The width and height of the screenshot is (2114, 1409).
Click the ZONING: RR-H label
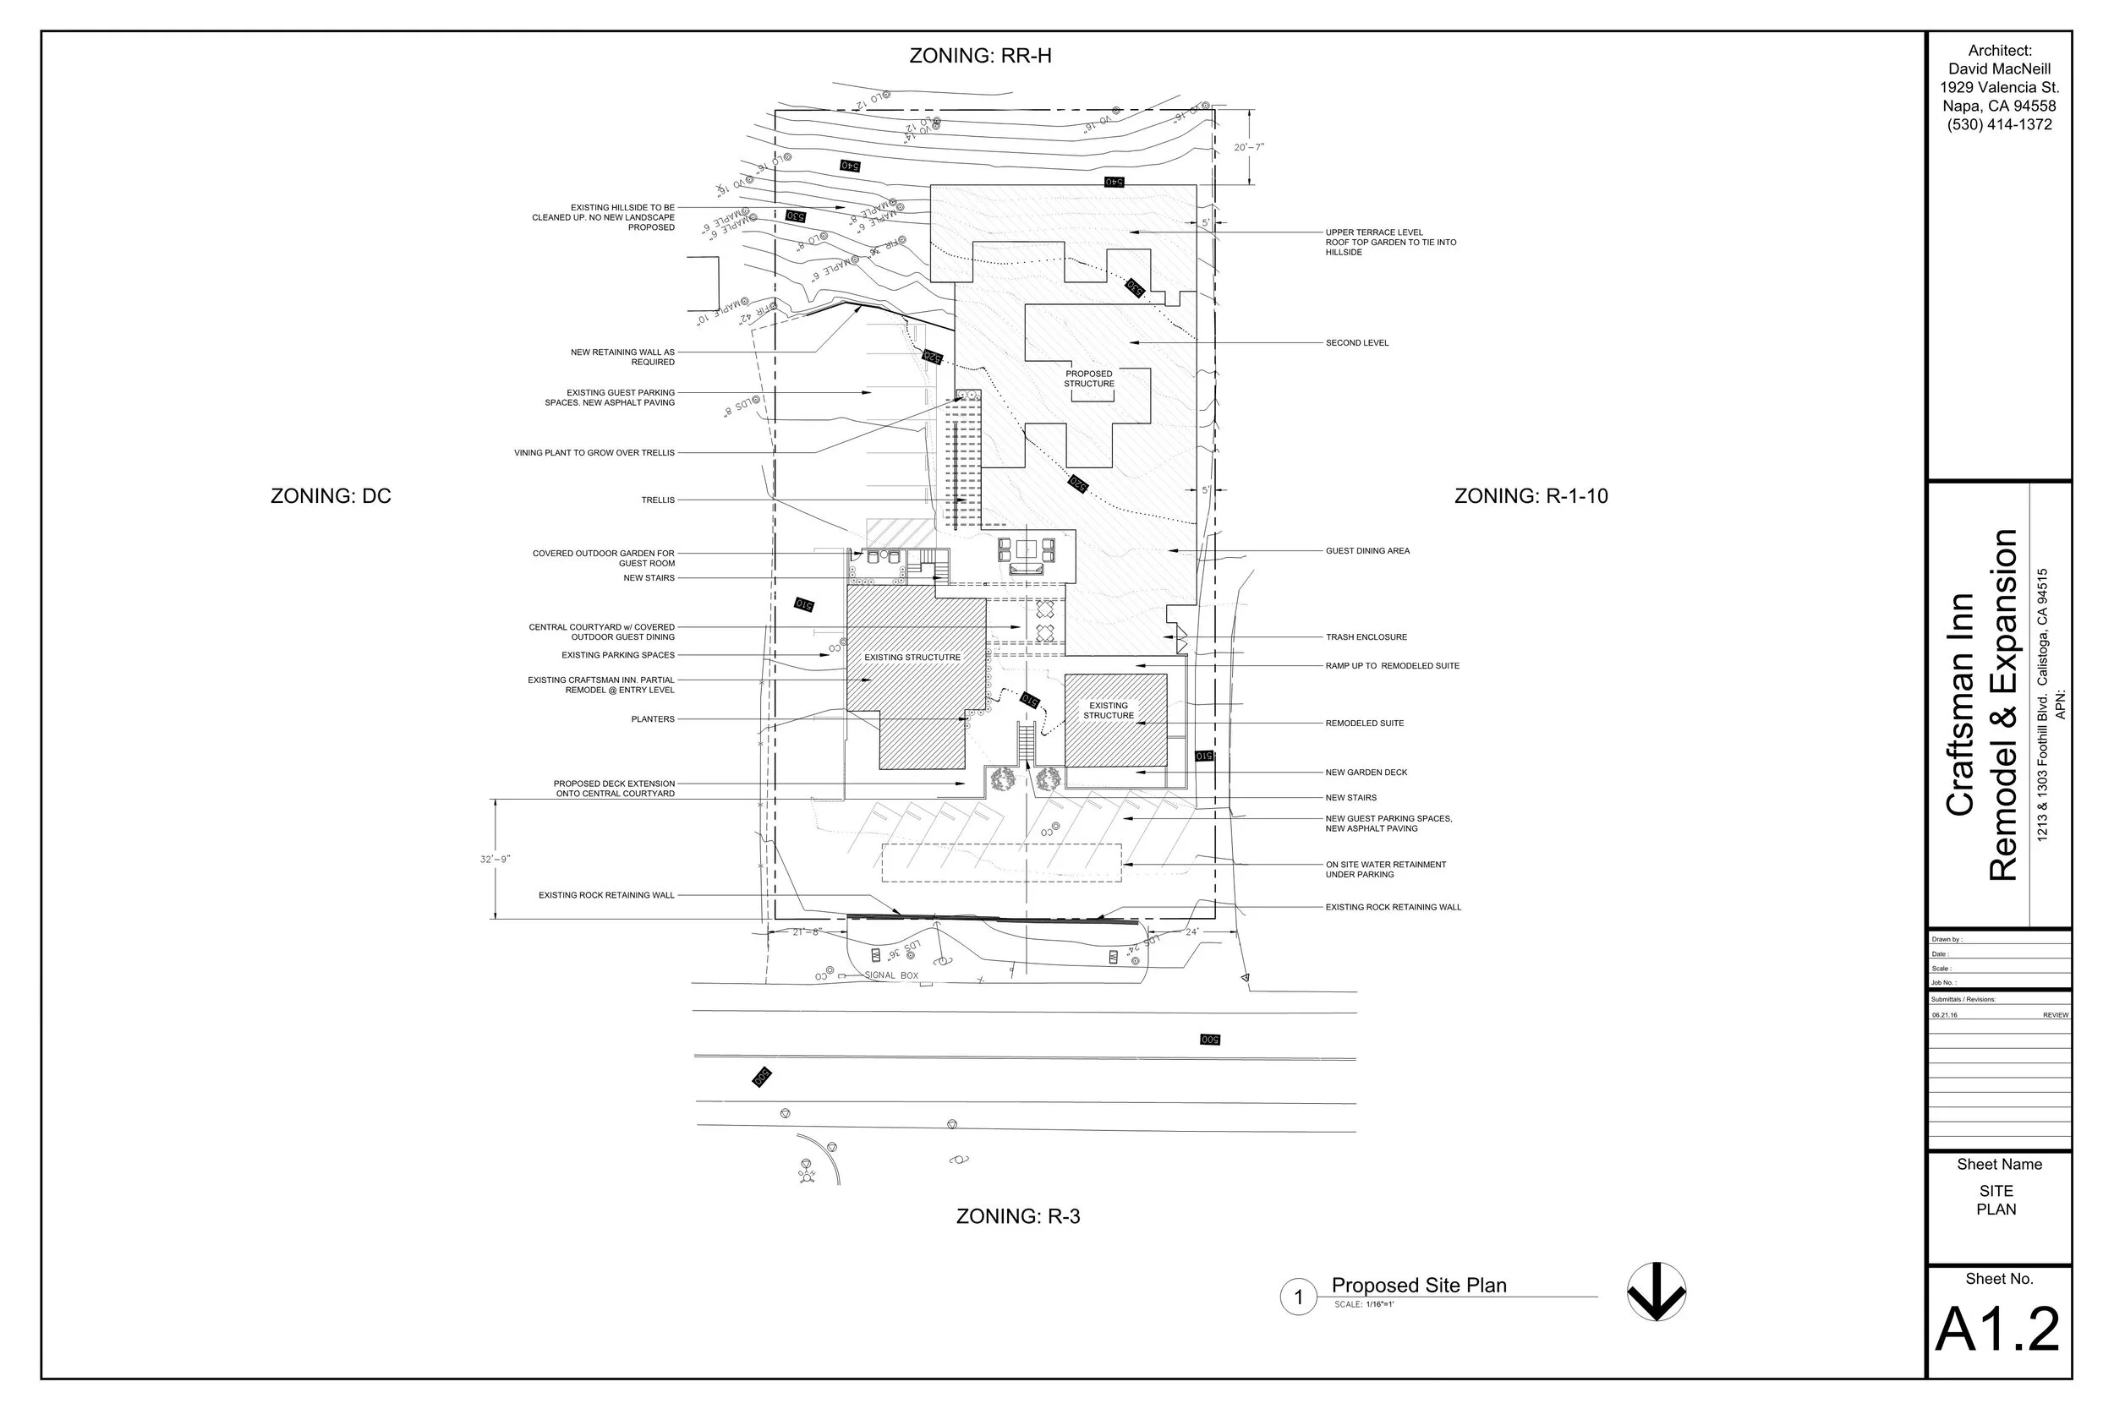coord(980,56)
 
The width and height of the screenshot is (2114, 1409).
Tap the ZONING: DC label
coord(331,496)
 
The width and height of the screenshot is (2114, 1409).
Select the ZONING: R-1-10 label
coord(1531,496)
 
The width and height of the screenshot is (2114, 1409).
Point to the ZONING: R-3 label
coord(1017,1216)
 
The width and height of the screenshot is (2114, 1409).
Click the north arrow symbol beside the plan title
coord(1656,1292)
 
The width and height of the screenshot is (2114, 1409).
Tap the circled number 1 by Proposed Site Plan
coord(1298,1297)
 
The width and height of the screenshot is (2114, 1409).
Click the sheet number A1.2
coord(1997,1330)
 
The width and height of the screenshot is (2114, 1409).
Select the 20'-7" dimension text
coord(1248,147)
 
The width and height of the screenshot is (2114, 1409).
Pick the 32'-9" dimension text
coord(495,860)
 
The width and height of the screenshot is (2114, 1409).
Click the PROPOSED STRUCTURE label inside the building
coord(1088,380)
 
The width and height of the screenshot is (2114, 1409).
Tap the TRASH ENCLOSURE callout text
coord(1366,637)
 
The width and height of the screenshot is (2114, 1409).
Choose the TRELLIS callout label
coord(657,500)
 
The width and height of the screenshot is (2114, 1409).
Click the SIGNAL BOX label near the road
coord(890,975)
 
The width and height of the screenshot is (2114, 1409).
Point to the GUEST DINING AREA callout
coord(1367,551)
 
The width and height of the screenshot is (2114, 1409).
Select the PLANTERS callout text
coord(653,720)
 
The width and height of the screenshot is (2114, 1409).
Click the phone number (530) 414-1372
coord(1999,125)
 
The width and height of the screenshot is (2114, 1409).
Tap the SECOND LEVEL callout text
coord(1356,343)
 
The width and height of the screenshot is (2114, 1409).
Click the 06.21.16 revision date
coord(1944,1015)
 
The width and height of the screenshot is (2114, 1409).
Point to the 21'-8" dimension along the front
coord(806,931)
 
